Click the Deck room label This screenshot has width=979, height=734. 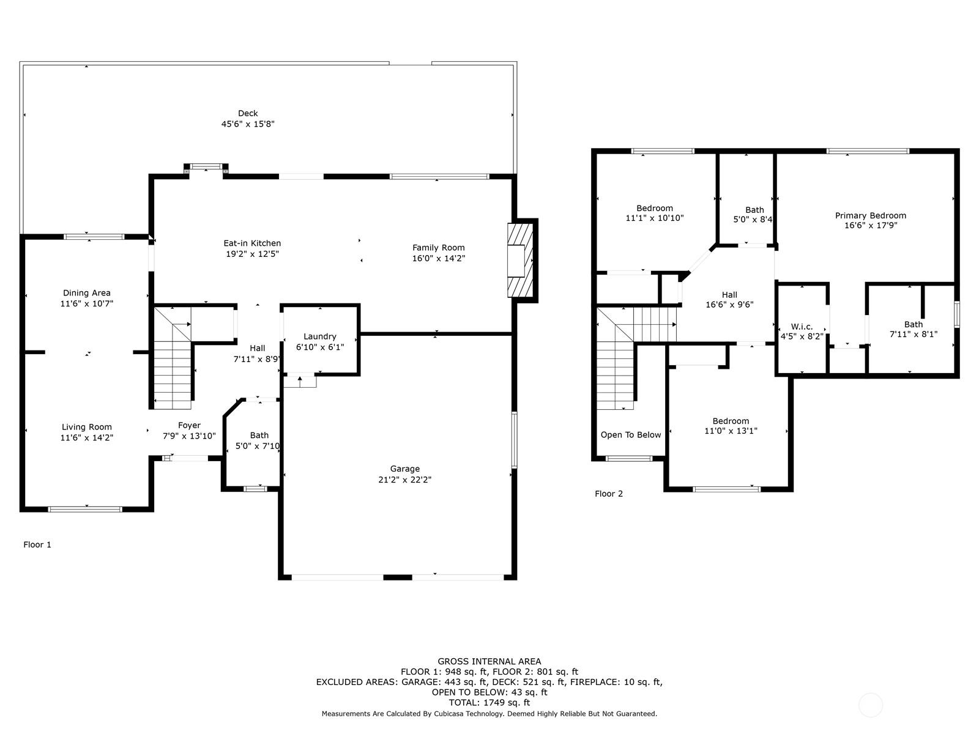248,114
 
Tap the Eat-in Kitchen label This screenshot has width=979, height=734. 252,243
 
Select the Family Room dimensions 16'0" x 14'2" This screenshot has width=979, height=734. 439,259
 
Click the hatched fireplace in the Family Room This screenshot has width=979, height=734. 520,261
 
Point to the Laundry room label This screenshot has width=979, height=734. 320,336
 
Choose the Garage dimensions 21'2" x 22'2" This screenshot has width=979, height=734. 404,480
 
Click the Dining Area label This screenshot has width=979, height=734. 86,293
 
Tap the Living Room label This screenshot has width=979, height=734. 86,427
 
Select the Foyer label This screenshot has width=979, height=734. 189,425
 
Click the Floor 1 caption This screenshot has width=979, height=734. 37,544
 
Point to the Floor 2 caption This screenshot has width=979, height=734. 608,494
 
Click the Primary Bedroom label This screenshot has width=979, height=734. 870,216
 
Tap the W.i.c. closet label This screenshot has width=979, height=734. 802,327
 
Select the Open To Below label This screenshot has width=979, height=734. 631,435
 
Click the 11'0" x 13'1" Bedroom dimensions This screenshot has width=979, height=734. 731,431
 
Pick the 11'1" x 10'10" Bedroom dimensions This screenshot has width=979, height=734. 654,218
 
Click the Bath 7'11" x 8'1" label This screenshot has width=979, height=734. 914,329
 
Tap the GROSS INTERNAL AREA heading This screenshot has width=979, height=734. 489,661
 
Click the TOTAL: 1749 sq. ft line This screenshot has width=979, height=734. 489,702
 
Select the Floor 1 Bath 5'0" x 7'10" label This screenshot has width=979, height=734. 258,440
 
